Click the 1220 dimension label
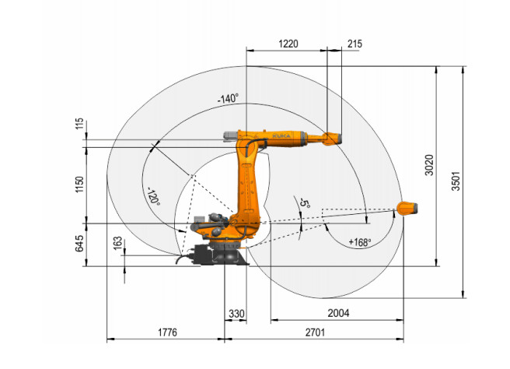[x=288, y=44]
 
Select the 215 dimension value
[x=355, y=44]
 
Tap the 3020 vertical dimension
[x=430, y=165]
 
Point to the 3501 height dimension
[x=456, y=181]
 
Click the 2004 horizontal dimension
[x=338, y=313]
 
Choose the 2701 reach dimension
[x=315, y=332]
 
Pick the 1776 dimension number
[x=167, y=332]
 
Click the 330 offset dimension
[x=236, y=314]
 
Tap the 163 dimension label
[x=117, y=244]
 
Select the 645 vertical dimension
[x=79, y=244]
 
